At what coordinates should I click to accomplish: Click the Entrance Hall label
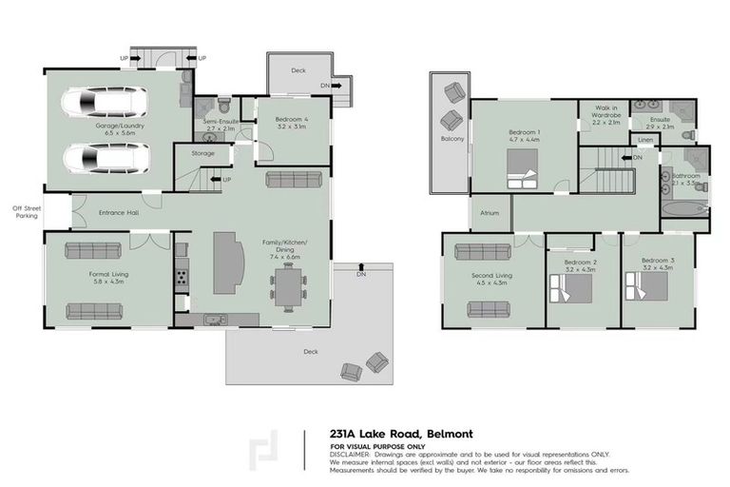[119, 212]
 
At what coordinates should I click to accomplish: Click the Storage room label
[202, 153]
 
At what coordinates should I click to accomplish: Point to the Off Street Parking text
[26, 211]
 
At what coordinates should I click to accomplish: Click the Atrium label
[490, 213]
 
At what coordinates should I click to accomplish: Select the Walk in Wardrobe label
[606, 114]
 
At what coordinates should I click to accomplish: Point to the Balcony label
[452, 139]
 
